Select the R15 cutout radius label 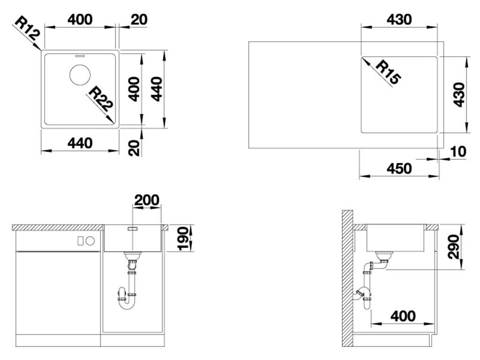[x=387, y=72]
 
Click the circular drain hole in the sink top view [x=80, y=75]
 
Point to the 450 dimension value [x=399, y=168]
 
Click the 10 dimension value [x=458, y=151]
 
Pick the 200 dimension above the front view [x=147, y=200]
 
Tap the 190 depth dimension [x=183, y=239]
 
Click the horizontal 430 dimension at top [x=399, y=20]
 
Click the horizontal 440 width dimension [x=80, y=143]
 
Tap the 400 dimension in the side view [x=403, y=315]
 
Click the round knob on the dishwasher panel [x=90, y=241]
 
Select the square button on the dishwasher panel [x=80, y=241]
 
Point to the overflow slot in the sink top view [x=80, y=56]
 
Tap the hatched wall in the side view [x=347, y=278]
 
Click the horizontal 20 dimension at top [x=139, y=20]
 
